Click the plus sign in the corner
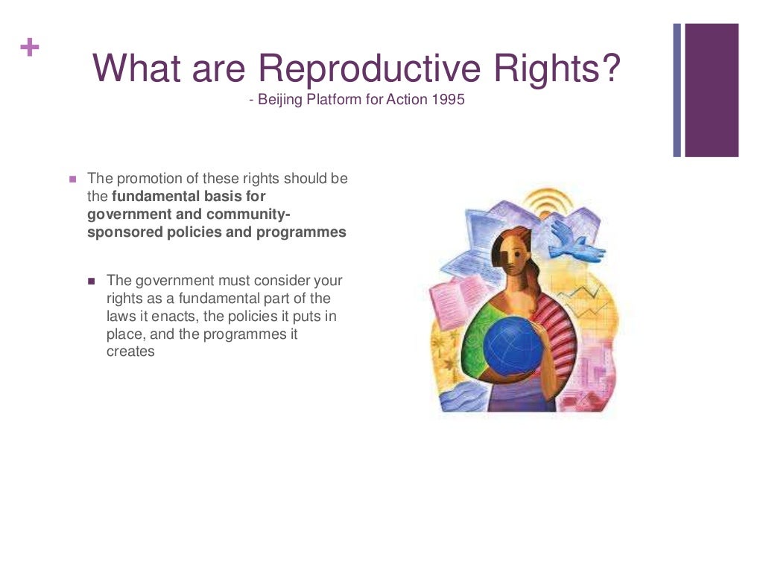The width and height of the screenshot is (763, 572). [30, 48]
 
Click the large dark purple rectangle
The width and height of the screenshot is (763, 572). [712, 90]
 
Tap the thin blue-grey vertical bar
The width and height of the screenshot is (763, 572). [677, 90]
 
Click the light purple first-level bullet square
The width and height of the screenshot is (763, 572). [73, 179]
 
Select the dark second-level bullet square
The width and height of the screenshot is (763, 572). [92, 282]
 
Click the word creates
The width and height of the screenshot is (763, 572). [130, 352]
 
